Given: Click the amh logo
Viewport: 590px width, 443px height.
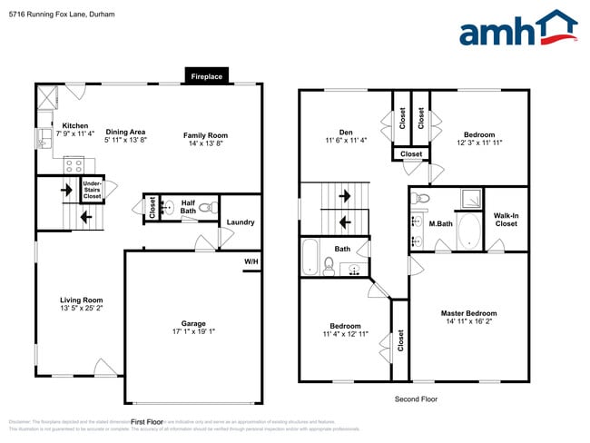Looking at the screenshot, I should coord(517,29).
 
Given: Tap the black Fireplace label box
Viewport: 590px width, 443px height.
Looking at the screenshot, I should coord(206,77).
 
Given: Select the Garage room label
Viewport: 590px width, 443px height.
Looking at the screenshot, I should coord(192,324).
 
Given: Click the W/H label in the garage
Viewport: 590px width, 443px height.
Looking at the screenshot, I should coord(250,263).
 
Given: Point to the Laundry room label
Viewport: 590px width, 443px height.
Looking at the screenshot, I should coord(241,222).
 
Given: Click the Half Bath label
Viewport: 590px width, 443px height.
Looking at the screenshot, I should coord(188,207).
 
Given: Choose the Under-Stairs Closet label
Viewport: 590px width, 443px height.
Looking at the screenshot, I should coord(92,190).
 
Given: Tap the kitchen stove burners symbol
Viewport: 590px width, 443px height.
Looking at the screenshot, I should coord(74,165).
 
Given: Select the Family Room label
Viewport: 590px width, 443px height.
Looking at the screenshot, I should coord(204,135).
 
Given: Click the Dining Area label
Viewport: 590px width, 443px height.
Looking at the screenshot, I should coord(125,132).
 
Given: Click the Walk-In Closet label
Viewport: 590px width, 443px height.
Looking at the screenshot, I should coord(506,219).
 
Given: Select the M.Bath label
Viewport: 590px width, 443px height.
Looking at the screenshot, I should coord(441,223).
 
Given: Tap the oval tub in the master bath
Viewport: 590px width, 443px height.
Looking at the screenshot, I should coord(469,231).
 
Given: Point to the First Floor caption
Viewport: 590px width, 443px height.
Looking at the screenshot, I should coord(146,422).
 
